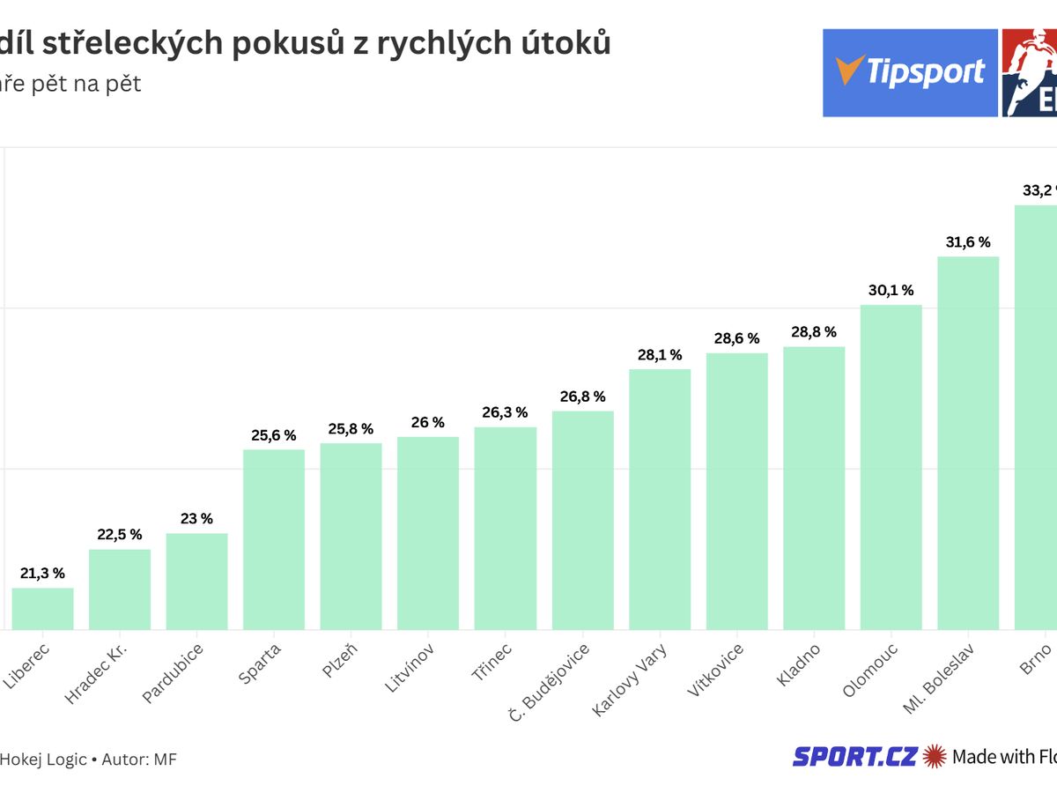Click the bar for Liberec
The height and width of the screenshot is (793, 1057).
point(42,608)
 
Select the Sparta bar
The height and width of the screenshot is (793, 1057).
point(273,539)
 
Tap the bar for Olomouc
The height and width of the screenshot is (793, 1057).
point(891,467)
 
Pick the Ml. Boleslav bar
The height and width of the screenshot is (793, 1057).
point(967,443)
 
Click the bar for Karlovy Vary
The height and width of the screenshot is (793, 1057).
point(660,499)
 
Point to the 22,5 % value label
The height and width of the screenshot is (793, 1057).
point(120,535)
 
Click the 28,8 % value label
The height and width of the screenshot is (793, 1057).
point(813,332)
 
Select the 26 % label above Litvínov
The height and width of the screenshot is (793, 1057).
point(428,423)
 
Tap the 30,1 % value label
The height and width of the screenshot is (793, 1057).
point(891,291)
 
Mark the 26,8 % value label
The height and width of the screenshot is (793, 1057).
point(582,396)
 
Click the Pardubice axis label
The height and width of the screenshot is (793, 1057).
point(174,673)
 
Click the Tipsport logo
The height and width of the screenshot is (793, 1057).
point(910,73)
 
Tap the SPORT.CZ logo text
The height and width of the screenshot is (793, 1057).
point(855,756)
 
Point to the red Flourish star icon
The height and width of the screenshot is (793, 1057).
point(935,756)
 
